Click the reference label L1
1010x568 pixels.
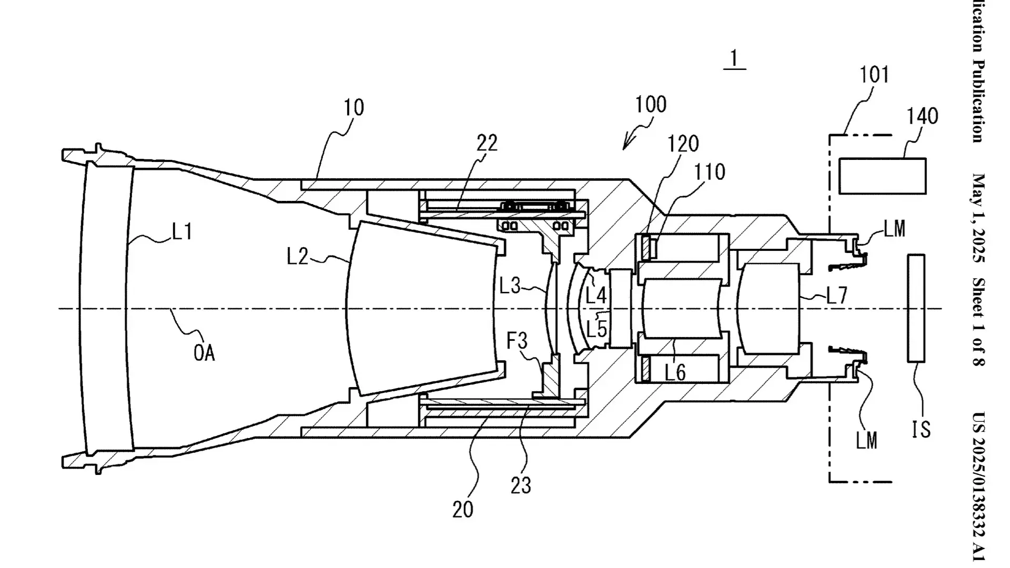click(x=182, y=231)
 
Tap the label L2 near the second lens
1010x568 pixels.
click(x=297, y=256)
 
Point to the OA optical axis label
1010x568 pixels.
click(x=204, y=352)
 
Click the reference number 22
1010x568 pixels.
click(x=487, y=143)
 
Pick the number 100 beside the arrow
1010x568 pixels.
click(x=651, y=105)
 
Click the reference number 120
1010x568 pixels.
click(x=683, y=144)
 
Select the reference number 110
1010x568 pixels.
click(x=710, y=171)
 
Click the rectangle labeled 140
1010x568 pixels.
click(x=883, y=176)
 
